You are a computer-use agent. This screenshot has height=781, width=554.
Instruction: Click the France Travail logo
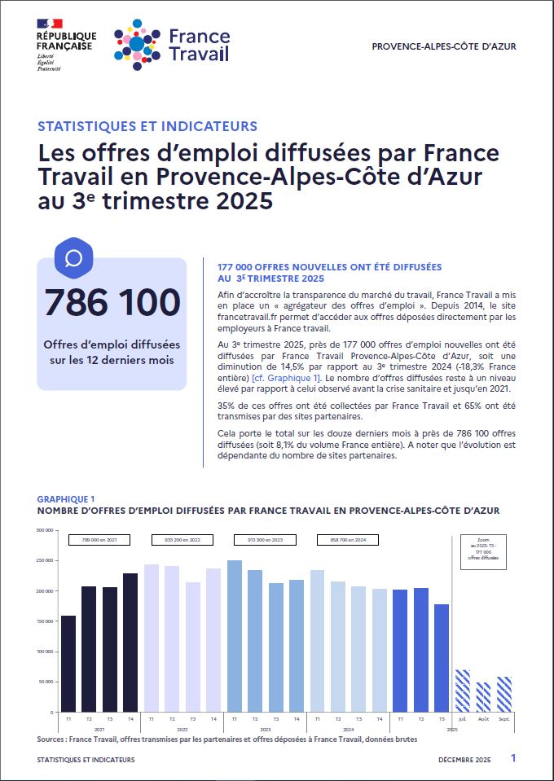pyautogui.click(x=172, y=44)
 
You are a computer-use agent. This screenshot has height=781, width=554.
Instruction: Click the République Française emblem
pyautogui.click(x=66, y=45)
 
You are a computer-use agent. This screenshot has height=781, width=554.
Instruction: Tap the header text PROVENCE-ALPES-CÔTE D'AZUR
pyautogui.click(x=443, y=46)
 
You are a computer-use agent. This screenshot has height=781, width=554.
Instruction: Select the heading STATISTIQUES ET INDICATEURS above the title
pyautogui.click(x=147, y=126)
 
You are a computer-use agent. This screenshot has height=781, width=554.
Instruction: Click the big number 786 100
pyautogui.click(x=112, y=302)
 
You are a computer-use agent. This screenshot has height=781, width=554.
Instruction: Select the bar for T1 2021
pyautogui.click(x=68, y=663)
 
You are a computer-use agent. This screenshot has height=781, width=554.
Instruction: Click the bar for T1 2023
pyautogui.click(x=235, y=635)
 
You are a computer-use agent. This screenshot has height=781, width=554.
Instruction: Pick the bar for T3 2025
pyautogui.click(x=442, y=657)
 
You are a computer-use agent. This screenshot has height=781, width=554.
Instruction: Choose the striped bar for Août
pyautogui.click(x=483, y=696)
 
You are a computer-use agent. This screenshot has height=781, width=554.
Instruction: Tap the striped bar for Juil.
pyautogui.click(x=462, y=691)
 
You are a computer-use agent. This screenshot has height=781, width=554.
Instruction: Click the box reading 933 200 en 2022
pyautogui.click(x=182, y=539)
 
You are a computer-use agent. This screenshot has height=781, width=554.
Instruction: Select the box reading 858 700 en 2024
pyautogui.click(x=348, y=539)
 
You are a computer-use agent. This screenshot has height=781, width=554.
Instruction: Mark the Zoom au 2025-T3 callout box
pyautogui.click(x=483, y=551)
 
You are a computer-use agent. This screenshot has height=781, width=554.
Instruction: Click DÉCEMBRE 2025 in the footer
pyautogui.click(x=464, y=759)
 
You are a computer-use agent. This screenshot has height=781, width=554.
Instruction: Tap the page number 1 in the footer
pyautogui.click(x=513, y=758)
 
